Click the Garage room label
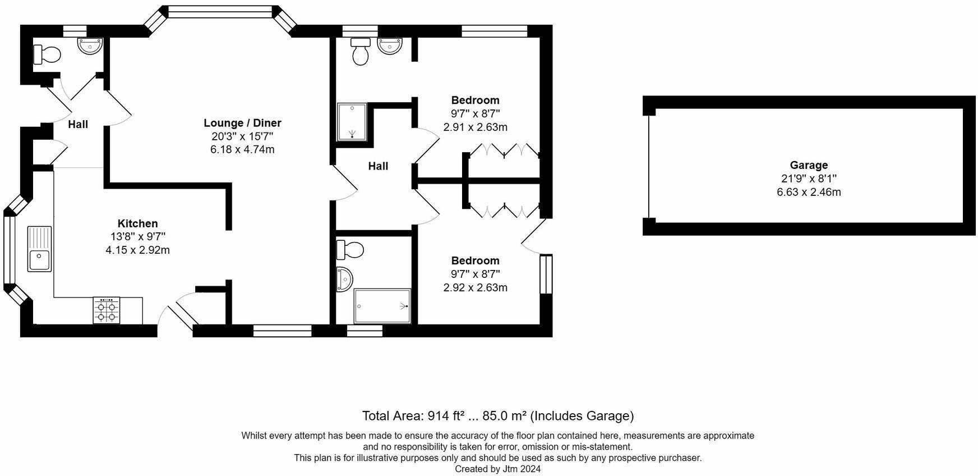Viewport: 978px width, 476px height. [809, 165]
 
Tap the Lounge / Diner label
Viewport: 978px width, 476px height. [242, 123]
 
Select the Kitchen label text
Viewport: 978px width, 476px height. [137, 223]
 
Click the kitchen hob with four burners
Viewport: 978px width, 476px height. [107, 310]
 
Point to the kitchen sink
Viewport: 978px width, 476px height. [40, 249]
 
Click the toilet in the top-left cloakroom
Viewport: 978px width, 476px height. [47, 54]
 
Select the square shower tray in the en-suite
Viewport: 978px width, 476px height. [352, 122]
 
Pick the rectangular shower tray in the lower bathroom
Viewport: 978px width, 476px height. [382, 306]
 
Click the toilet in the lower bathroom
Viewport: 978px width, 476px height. [349, 249]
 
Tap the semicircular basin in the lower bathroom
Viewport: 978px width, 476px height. [344, 280]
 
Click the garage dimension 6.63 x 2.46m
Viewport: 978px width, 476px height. [809, 192]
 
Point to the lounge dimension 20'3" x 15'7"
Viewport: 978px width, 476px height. [242, 136]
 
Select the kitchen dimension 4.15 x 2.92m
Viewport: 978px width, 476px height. [137, 250]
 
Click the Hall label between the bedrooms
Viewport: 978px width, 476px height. [378, 166]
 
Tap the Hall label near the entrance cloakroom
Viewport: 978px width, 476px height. [78, 124]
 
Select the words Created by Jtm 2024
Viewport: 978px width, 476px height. [497, 469]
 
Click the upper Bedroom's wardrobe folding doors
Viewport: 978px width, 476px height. [503, 150]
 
